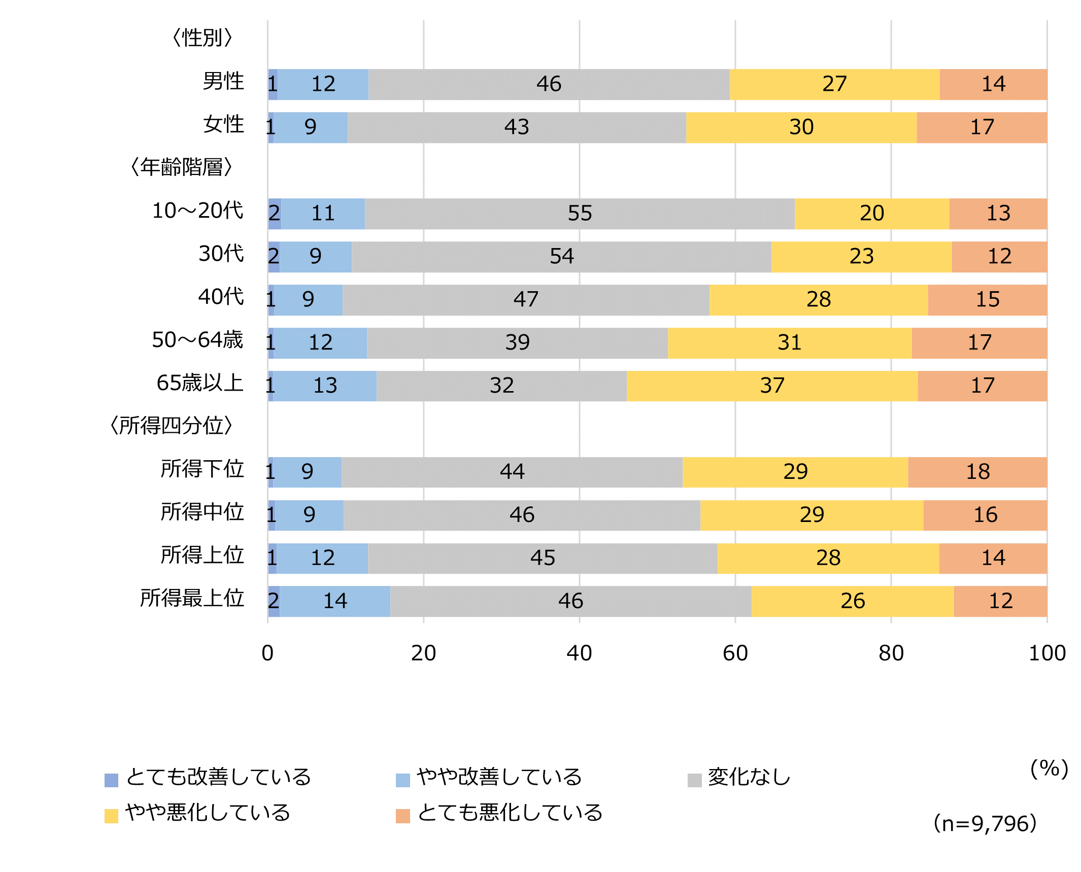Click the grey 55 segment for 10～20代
pos(580,214)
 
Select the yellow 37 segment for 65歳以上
pos(772,386)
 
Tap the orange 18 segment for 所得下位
pos(977,472)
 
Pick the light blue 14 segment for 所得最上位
pos(335,602)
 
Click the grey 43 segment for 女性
pos(517,127)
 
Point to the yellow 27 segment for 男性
pos(834,84)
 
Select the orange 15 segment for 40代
pos(987,300)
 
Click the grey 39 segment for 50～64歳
pos(517,343)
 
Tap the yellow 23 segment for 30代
pos(861,257)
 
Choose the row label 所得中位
pos(202,512)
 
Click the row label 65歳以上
pos(200,383)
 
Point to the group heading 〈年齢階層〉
pos(181,167)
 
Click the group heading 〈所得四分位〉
pos(171,426)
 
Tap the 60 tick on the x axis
pos(735,653)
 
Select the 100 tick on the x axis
pos(1046,653)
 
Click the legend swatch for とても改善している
pos(111,780)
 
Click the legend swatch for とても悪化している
pos(402,816)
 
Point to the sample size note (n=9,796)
pos(985,824)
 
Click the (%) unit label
pos(1049,769)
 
